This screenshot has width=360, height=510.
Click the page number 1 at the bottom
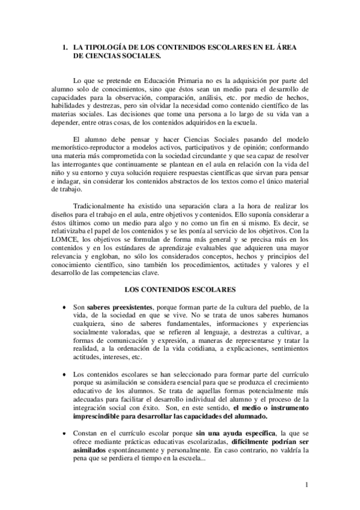[x=307, y=485]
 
